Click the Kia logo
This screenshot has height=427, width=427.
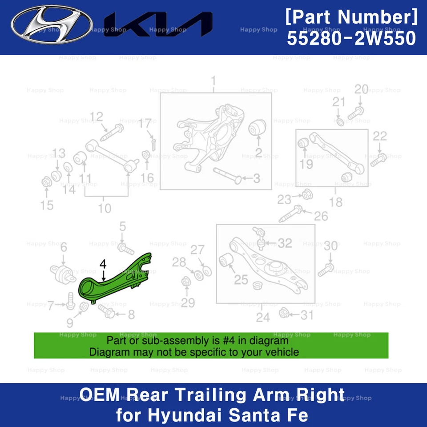(158, 24)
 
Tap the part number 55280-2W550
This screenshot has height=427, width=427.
(351, 39)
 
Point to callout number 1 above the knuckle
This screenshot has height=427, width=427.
(213, 81)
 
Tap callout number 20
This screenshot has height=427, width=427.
(361, 89)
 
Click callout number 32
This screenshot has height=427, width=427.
(285, 243)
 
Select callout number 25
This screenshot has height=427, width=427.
(241, 280)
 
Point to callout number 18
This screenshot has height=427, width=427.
(336, 202)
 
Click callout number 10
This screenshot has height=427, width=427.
(105, 208)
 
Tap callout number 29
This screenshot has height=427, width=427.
(188, 303)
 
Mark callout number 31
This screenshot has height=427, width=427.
(306, 315)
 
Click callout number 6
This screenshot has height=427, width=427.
(64, 248)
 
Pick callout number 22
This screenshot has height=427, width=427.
(380, 136)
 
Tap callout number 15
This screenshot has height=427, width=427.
(47, 205)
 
